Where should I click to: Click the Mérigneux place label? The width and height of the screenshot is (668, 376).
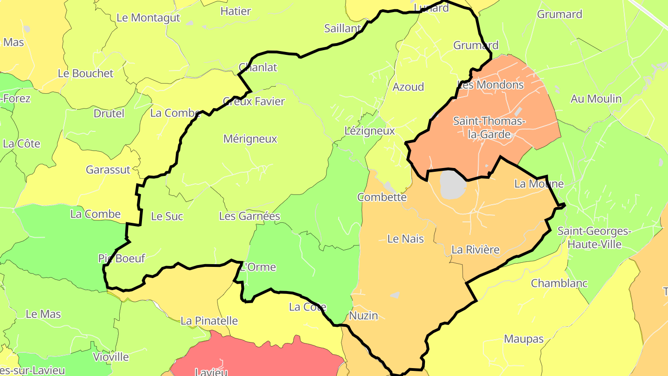[250, 139]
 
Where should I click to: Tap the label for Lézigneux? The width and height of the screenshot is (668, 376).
[370, 131]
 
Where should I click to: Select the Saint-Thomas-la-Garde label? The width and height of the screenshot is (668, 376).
[489, 128]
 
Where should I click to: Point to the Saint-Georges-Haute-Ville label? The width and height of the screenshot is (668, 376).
[594, 237]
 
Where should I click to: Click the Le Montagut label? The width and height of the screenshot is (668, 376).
[148, 18]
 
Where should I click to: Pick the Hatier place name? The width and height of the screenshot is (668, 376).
[236, 11]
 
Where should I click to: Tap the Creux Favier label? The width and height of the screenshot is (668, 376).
[254, 101]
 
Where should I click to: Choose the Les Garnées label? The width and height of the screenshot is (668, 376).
[250, 216]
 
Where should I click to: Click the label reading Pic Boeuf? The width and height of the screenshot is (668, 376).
[122, 258]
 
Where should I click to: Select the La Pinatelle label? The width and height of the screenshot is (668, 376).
[209, 321]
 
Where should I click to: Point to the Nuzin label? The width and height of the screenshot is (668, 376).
[363, 316]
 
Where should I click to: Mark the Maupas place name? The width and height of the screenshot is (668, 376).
[524, 339]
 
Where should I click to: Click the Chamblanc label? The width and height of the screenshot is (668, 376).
[559, 283]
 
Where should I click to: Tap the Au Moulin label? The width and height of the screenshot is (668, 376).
[596, 98]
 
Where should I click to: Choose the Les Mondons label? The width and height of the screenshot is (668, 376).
[491, 85]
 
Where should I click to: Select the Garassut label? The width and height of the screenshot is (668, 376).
[108, 169]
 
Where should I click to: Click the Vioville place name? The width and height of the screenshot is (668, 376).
[111, 357]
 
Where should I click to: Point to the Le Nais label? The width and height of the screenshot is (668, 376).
[405, 239]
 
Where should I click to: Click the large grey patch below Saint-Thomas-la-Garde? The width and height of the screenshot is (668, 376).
[452, 184]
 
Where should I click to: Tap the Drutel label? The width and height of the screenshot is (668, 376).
[109, 113]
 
